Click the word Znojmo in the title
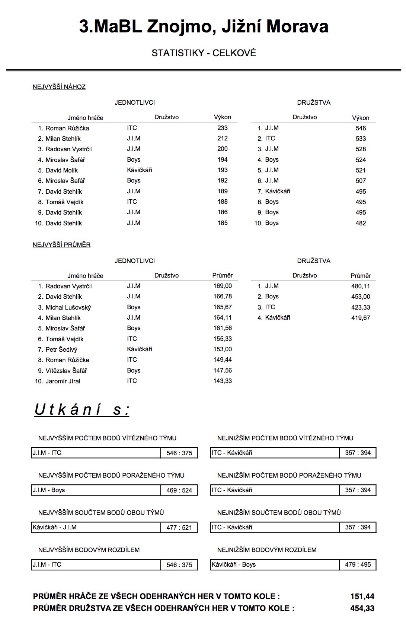coord(178,27)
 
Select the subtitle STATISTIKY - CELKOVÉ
coord(204,53)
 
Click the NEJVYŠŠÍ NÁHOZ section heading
coord(59,87)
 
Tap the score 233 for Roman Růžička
coord(223,128)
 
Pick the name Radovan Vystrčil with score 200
coord(68,149)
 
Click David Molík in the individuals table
coord(62,170)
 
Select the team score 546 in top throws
coord(361,128)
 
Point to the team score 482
coord(361,223)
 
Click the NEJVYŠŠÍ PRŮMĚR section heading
coord(62,245)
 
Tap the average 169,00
coord(223,286)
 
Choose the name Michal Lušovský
coord(68,307)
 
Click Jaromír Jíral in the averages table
coord(63,381)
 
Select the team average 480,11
coord(361,286)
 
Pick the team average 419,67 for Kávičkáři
coord(361,318)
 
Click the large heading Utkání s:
coord(82,410)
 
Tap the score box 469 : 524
coord(179,490)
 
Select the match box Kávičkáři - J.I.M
coord(96,528)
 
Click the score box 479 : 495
coord(358,565)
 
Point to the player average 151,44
coord(362,596)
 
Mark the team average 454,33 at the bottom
coord(362,608)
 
